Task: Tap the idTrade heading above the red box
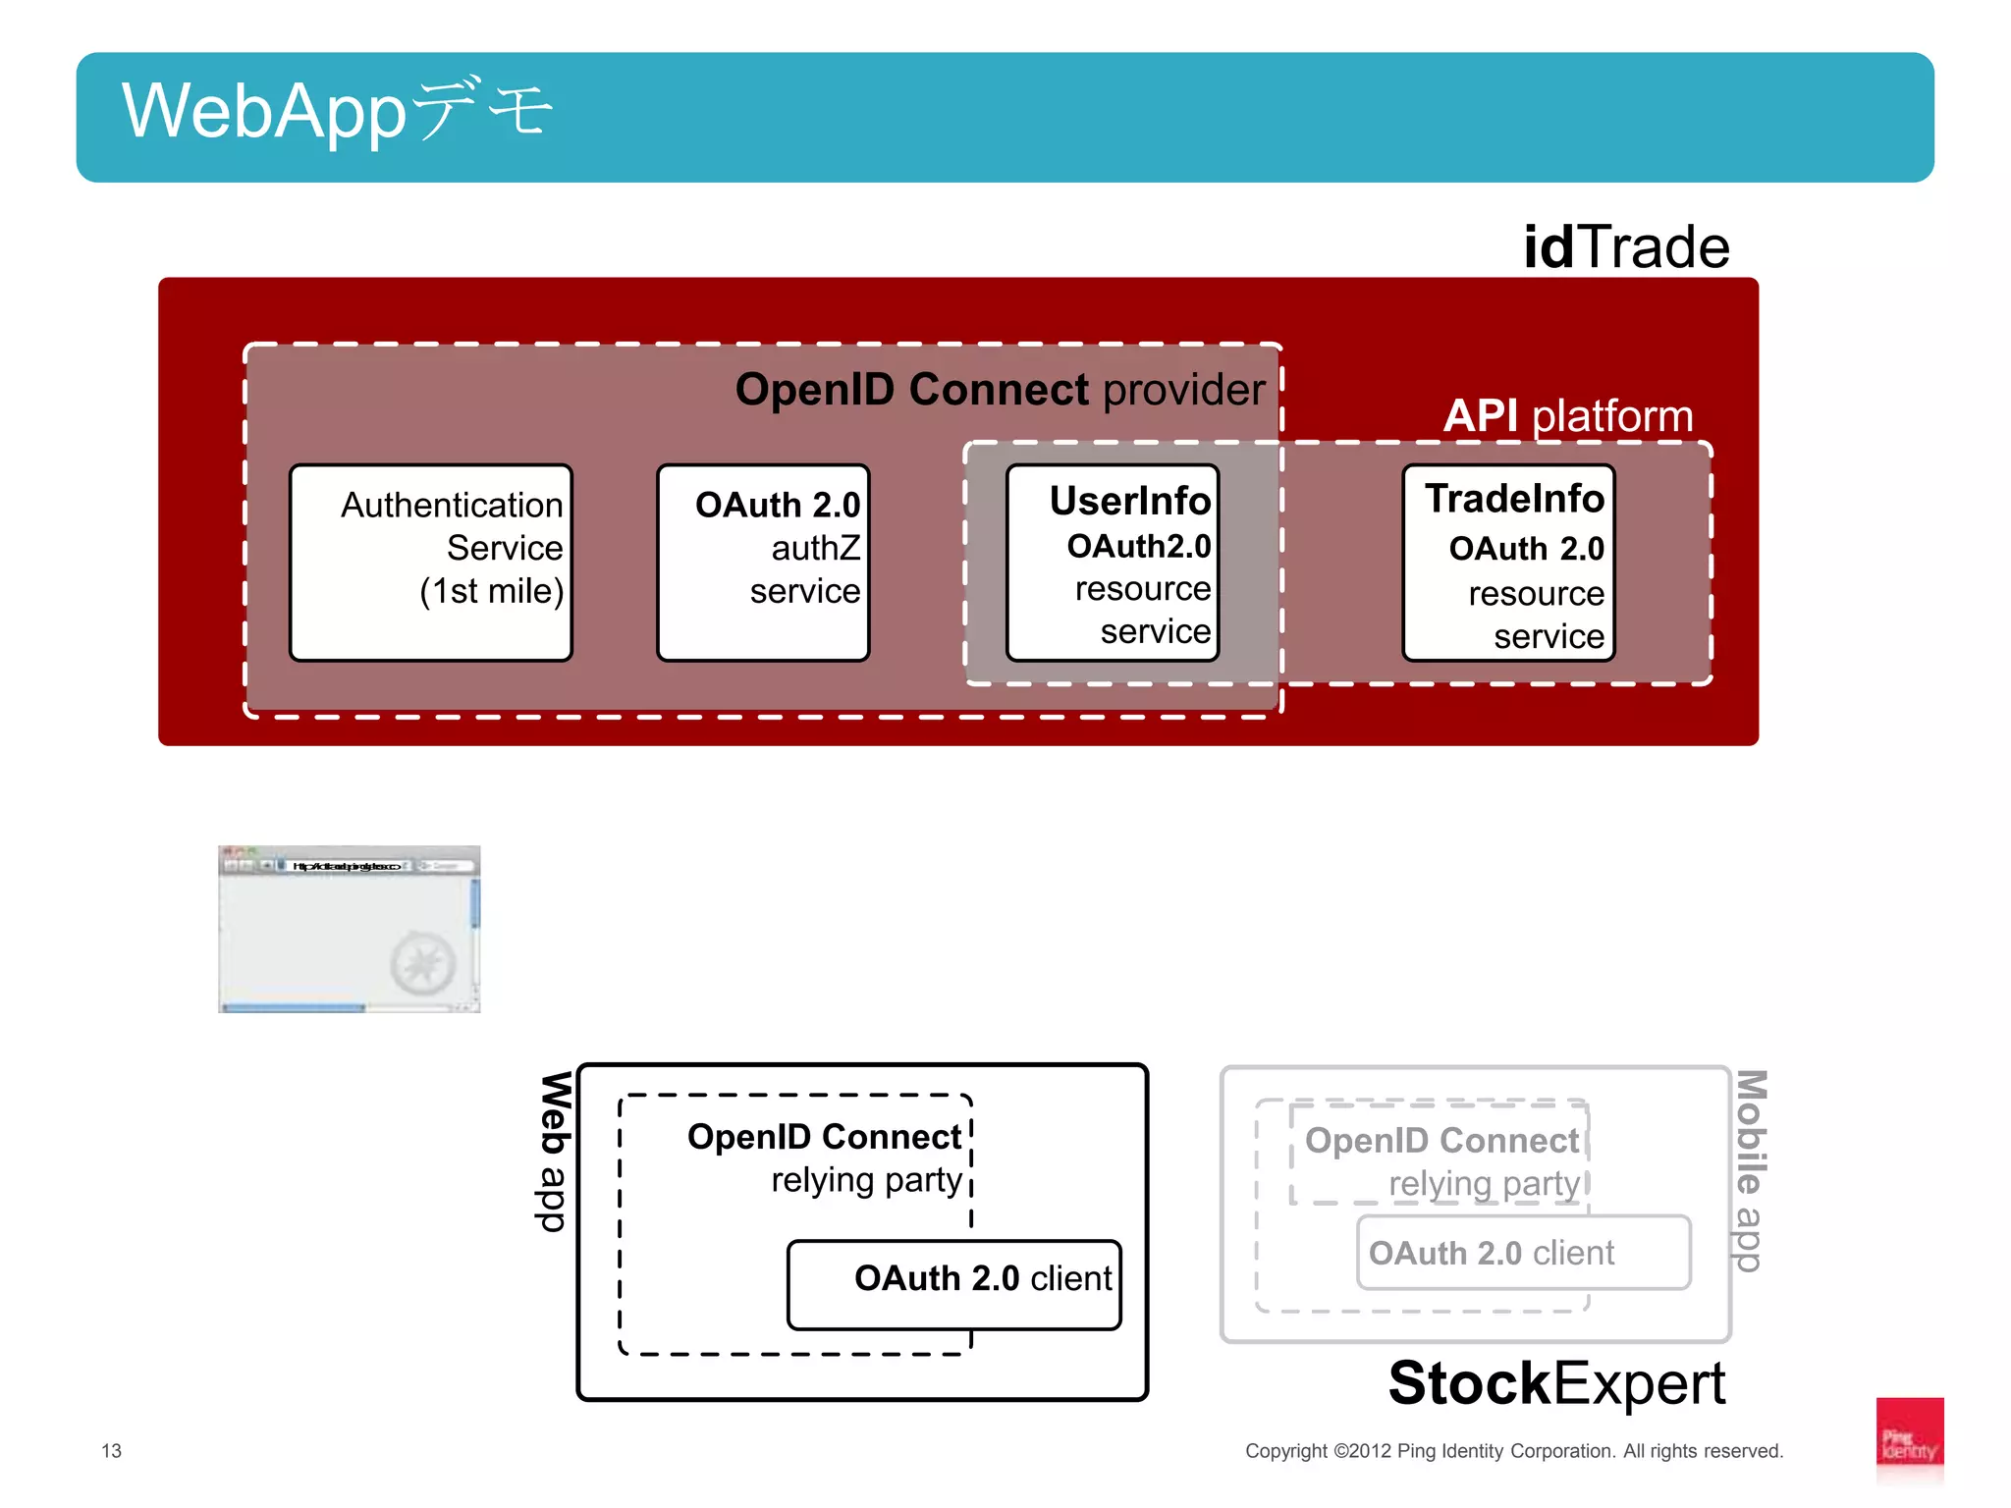coord(1625,246)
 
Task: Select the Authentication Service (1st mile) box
coord(431,563)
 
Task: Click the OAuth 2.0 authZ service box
coord(763,563)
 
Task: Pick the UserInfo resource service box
coord(1113,563)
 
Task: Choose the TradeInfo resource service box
coord(1508,563)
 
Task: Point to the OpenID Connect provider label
coord(1000,390)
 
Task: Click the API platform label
coord(1568,415)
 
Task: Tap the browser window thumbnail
coord(349,929)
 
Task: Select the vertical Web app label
coord(555,1151)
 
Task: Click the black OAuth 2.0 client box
coord(954,1285)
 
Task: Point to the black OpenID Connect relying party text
coord(825,1158)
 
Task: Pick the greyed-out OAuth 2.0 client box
coord(1523,1253)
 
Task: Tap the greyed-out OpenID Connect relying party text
coord(1441,1161)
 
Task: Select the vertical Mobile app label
coord(1750,1170)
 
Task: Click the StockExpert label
coord(1556,1383)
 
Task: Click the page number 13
coord(111,1450)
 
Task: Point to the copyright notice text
coord(1513,1450)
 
